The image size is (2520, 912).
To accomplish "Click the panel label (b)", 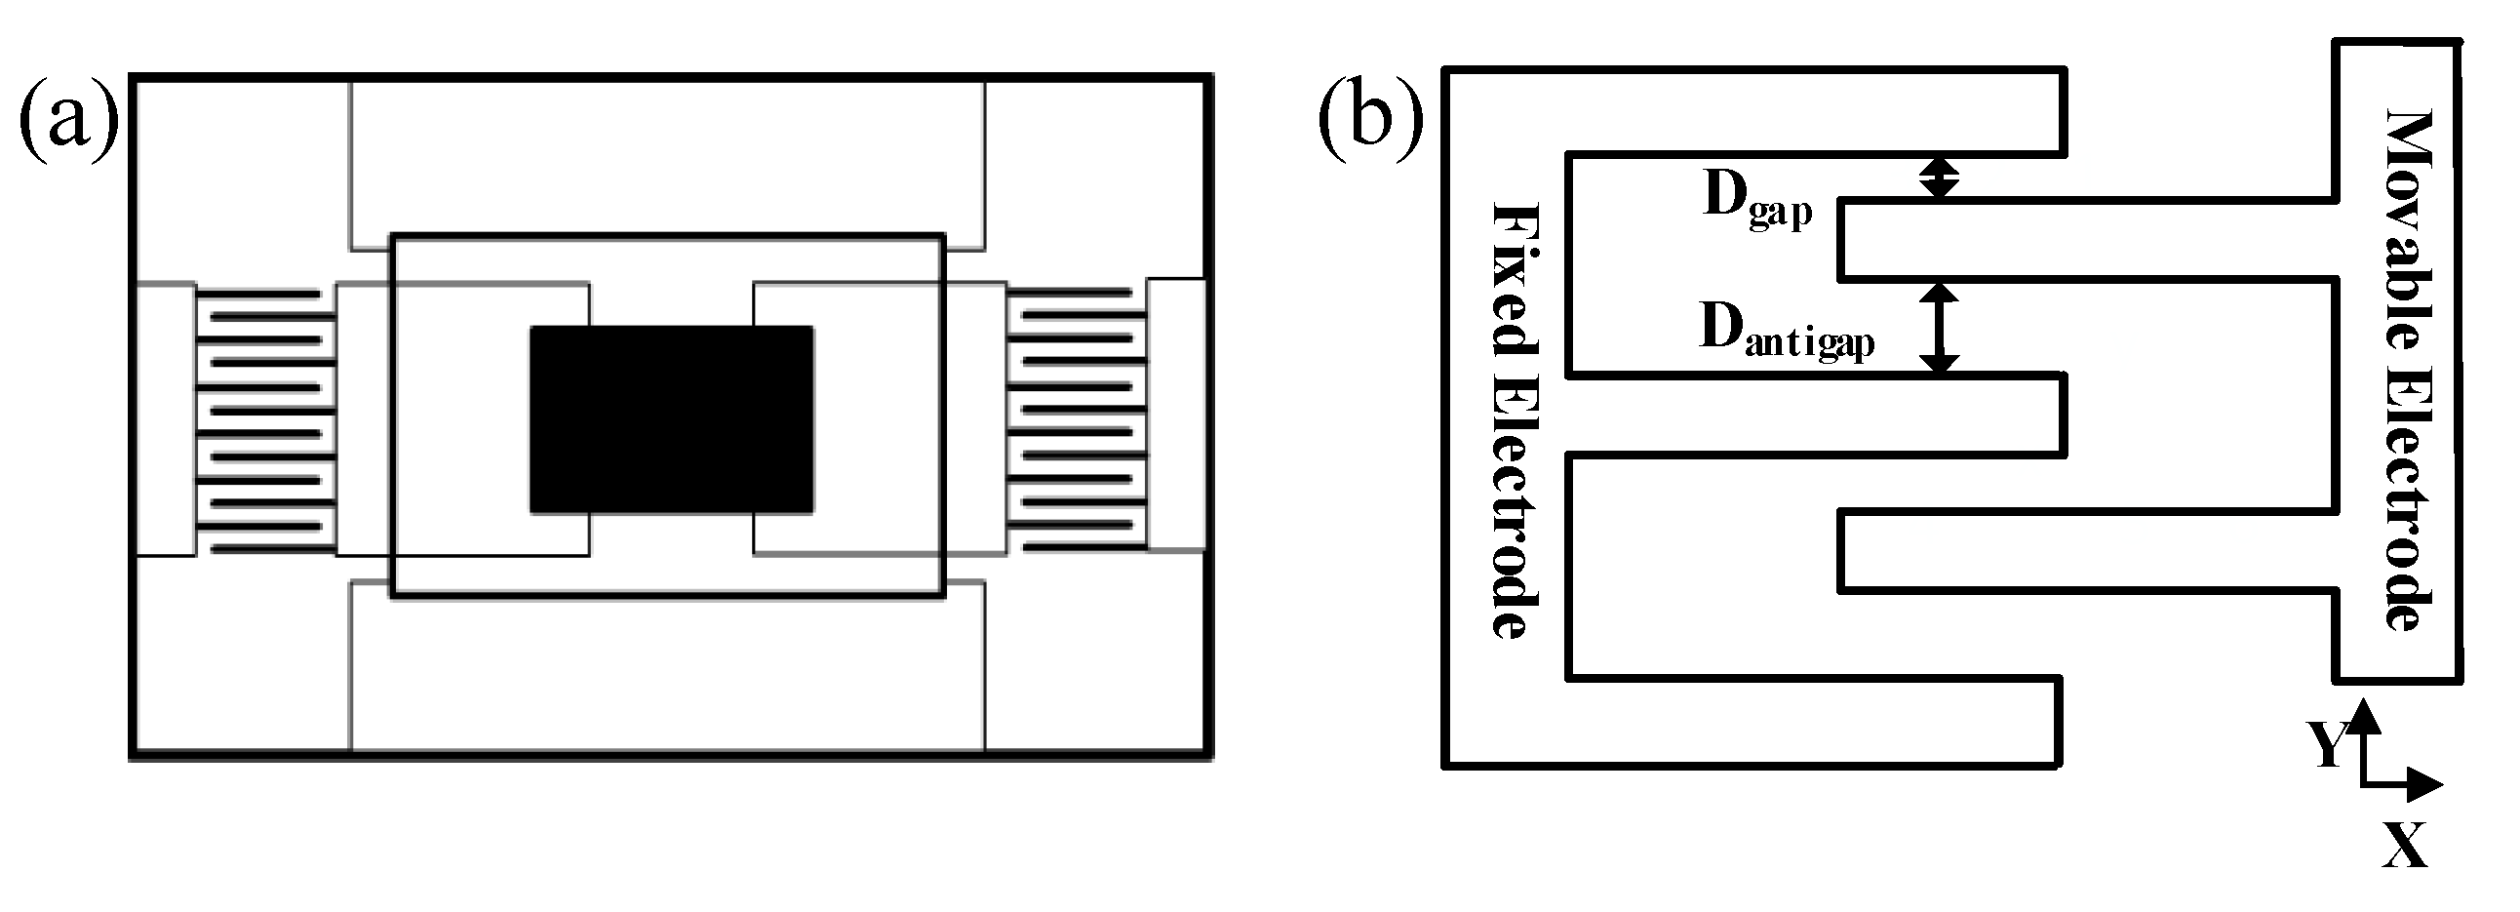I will tap(1370, 121).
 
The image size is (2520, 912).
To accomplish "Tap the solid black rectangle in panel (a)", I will tap(671, 418).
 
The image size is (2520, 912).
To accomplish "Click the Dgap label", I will tap(1757, 202).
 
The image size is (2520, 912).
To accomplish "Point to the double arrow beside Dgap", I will tap(1938, 178).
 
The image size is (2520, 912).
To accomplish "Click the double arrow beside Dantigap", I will tap(1938, 328).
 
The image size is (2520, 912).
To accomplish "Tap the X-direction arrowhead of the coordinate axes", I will tap(2424, 784).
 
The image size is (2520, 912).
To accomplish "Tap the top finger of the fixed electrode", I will tap(1810, 110).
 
